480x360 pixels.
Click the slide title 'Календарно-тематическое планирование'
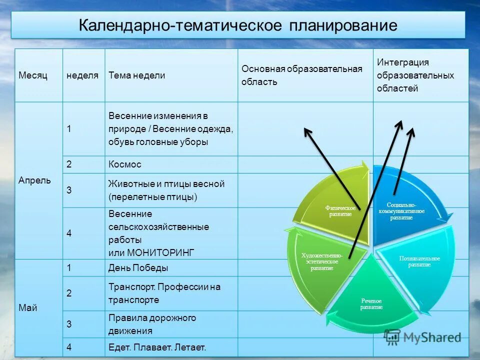[238, 25]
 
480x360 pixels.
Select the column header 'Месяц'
[33, 75]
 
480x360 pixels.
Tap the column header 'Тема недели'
[136, 75]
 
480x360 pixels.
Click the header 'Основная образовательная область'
[301, 75]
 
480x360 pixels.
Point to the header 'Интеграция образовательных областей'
[415, 75]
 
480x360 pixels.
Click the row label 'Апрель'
[35, 180]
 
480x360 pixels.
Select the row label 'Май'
[28, 307]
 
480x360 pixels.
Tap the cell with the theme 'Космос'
[125, 164]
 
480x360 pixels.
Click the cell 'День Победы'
[138, 268]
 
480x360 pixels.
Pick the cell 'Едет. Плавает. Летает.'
[157, 347]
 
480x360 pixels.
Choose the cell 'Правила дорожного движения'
[152, 324]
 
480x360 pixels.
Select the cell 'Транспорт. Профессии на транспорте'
[164, 293]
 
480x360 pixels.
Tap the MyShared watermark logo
[422, 337]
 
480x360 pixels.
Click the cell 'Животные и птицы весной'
[166, 190]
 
